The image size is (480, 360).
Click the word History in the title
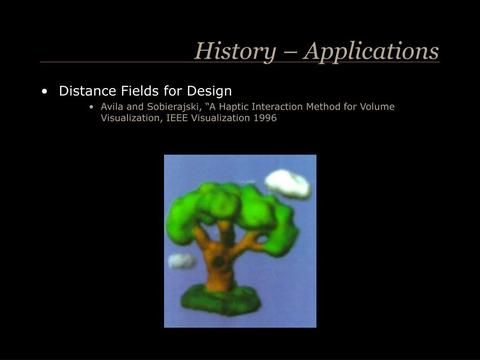(x=235, y=52)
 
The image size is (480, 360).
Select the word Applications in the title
(x=371, y=52)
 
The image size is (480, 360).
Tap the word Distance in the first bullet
(x=88, y=91)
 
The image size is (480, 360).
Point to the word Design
(x=210, y=91)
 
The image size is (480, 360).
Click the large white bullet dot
(x=45, y=91)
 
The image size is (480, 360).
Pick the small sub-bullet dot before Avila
(x=91, y=107)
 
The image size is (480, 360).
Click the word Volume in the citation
(x=377, y=106)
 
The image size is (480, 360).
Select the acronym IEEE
(x=177, y=118)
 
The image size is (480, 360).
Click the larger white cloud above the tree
(x=288, y=184)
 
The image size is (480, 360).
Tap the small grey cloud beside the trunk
(x=182, y=261)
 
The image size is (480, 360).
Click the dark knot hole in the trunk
(x=218, y=262)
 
